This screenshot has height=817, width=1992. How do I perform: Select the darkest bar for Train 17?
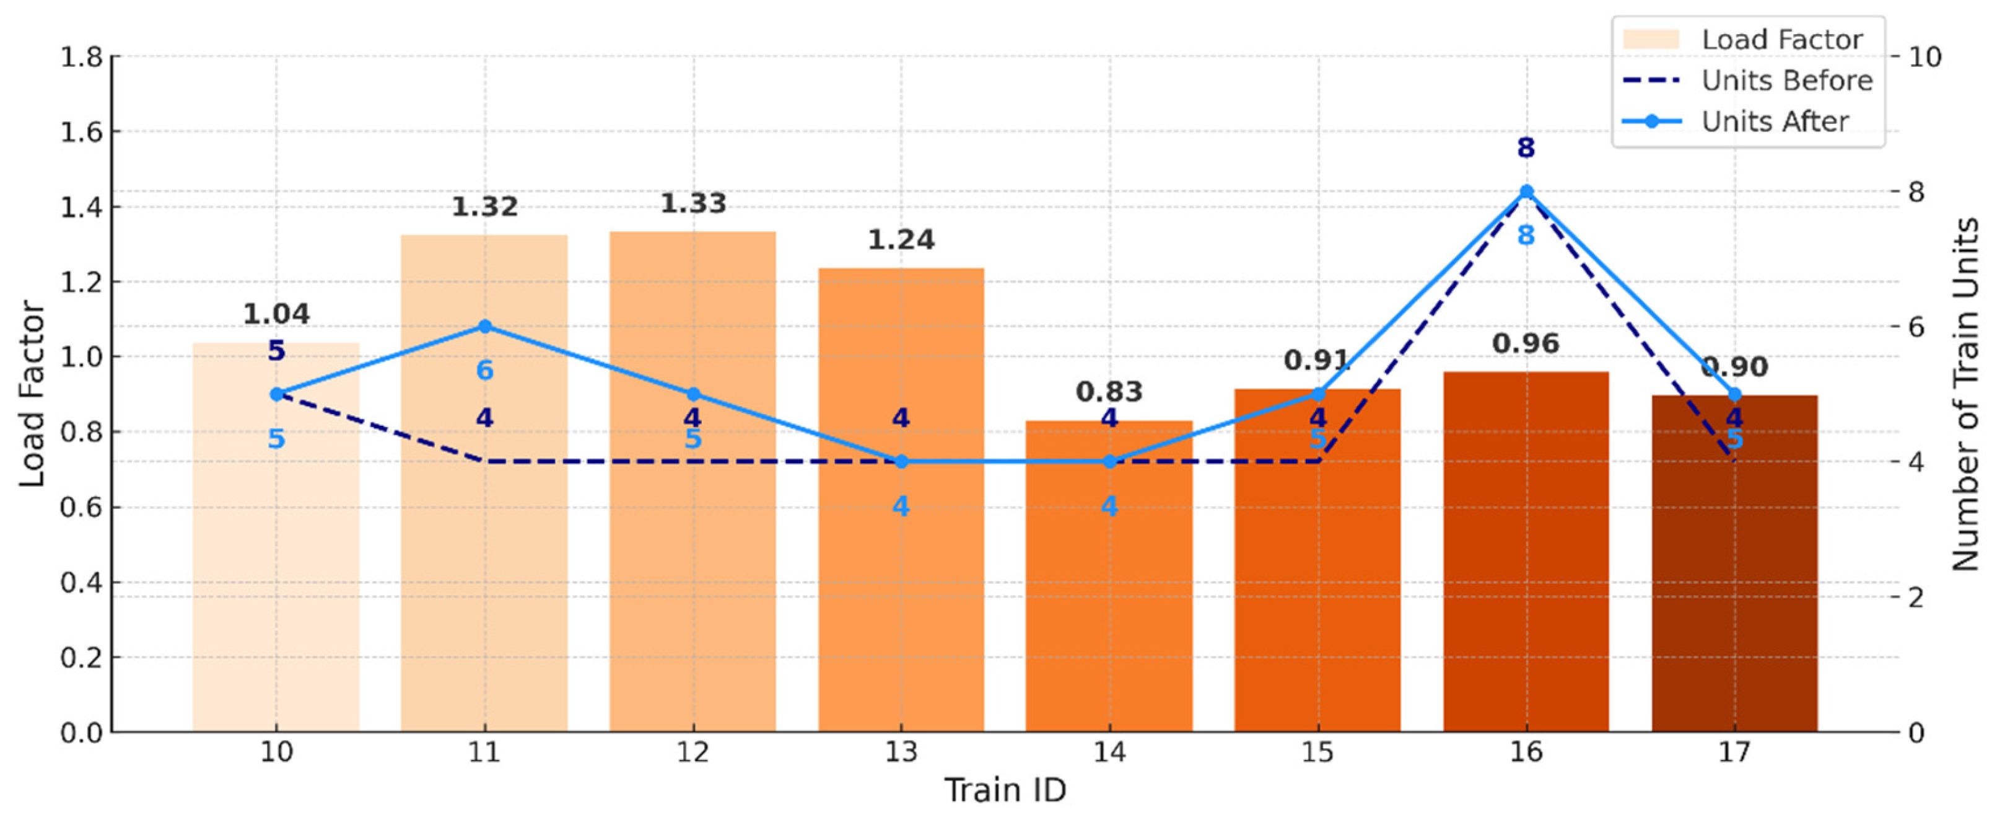pyautogui.click(x=1734, y=563)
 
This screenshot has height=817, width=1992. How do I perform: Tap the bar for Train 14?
pyautogui.click(x=1109, y=576)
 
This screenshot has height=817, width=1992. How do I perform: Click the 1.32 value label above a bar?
pyautogui.click(x=485, y=206)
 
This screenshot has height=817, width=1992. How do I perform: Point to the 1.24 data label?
pyautogui.click(x=901, y=240)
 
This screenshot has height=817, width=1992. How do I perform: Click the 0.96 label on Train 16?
pyautogui.click(x=1526, y=343)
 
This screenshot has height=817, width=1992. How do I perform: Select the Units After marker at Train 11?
pyautogui.click(x=485, y=327)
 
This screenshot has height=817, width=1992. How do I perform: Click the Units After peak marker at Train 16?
pyautogui.click(x=1526, y=191)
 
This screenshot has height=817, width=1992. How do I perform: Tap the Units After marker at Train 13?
pyautogui.click(x=901, y=462)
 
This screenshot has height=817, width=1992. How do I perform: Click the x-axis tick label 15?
pyautogui.click(x=1317, y=752)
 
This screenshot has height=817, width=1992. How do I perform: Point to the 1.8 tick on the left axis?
pyautogui.click(x=81, y=56)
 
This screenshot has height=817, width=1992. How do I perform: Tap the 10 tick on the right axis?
pyautogui.click(x=1924, y=56)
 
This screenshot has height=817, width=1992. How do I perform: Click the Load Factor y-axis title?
pyautogui.click(x=32, y=394)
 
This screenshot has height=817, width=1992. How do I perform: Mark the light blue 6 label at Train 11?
pyautogui.click(x=485, y=371)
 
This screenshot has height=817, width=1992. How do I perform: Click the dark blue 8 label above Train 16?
pyautogui.click(x=1526, y=148)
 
